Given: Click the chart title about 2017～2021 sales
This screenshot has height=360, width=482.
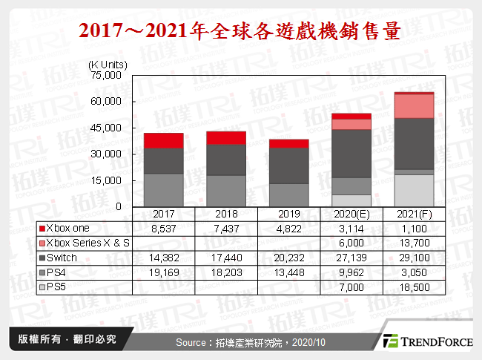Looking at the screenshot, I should [240, 31].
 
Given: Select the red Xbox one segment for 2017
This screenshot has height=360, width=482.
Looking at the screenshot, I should [164, 140].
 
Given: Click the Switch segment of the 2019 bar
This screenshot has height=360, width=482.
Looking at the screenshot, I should [289, 165].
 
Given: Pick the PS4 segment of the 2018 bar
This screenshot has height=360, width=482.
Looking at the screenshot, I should [226, 191].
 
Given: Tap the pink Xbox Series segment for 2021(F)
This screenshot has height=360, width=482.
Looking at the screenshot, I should [414, 106].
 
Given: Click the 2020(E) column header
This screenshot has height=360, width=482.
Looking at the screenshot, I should [351, 213].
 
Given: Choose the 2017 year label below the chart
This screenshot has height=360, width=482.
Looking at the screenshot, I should [164, 213].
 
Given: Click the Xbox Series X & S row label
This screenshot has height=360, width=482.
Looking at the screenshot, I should [87, 243].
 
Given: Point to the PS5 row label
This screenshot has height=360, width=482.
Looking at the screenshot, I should [59, 286].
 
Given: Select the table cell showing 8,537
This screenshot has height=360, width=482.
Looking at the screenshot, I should [164, 229].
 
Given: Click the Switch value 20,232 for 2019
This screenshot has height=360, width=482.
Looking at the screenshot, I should [289, 257].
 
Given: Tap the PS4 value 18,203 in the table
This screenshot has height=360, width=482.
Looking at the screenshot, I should [226, 272].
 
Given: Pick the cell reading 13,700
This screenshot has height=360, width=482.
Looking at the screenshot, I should [414, 243].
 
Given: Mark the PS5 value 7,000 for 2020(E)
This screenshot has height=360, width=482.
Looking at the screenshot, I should [351, 286].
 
